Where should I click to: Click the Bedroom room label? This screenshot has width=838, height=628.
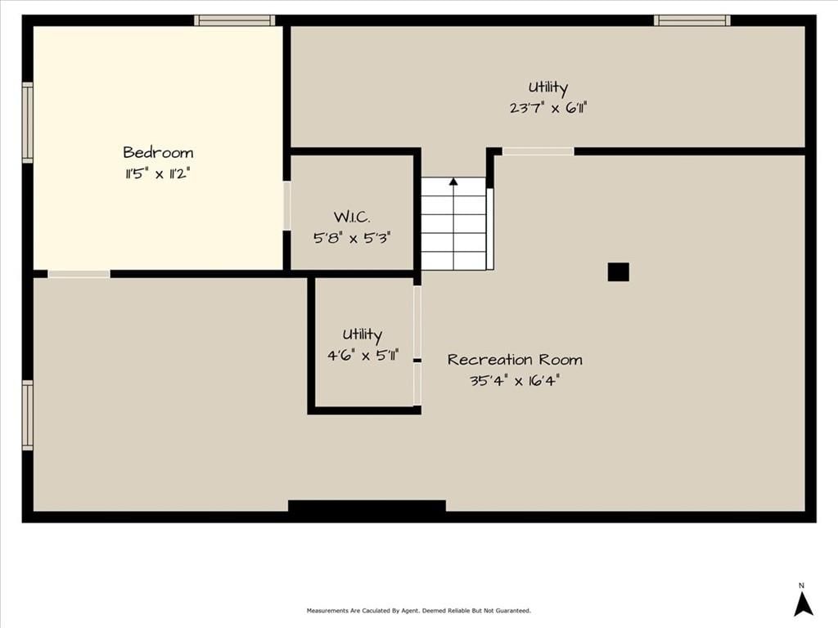(158, 153)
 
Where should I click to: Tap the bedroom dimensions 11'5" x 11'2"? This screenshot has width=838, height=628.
(158, 173)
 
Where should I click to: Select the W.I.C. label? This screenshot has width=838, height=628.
(352, 217)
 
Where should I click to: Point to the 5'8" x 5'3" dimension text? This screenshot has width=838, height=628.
(352, 238)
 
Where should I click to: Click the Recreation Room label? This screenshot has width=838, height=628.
(515, 360)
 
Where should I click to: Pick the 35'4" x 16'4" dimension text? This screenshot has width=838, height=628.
(515, 381)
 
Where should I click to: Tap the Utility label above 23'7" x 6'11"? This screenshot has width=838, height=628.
(547, 87)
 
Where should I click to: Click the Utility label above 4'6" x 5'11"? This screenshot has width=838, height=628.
(363, 334)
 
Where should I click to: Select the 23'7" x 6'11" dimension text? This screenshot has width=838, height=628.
(548, 108)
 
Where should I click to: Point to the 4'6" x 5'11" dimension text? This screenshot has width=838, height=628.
(363, 355)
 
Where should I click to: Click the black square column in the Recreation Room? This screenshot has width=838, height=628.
(619, 271)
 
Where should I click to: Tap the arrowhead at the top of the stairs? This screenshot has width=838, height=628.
(453, 182)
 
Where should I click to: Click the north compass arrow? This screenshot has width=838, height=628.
(803, 604)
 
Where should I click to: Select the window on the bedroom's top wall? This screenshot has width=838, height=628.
(235, 20)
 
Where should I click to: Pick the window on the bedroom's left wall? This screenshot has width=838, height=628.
(27, 123)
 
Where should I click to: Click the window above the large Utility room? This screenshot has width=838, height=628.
(692, 20)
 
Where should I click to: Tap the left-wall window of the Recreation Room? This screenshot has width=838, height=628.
(27, 415)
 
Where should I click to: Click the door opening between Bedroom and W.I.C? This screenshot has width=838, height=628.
(286, 206)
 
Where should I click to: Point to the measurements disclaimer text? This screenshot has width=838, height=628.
(418, 610)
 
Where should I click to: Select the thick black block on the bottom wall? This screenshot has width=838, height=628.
(367, 505)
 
